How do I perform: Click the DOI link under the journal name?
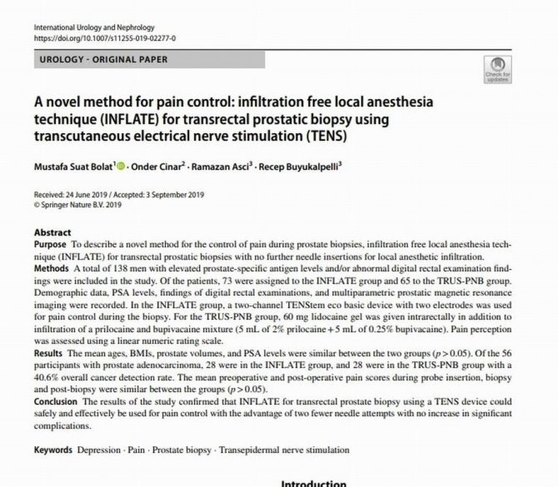pos(104,38)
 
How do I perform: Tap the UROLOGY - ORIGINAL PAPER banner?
pos(103,60)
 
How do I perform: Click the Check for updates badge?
pos(497,69)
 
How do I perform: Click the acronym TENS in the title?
pos(323,135)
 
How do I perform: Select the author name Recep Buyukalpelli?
pos(316,166)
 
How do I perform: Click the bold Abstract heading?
pos(52,232)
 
